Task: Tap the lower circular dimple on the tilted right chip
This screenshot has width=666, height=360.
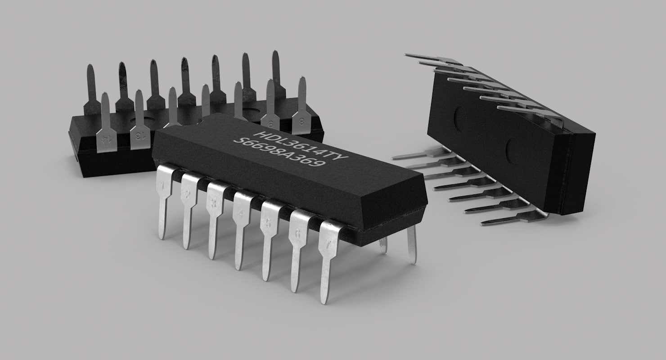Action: pos(512,151)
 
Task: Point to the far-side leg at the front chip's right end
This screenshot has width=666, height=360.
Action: pos(411,243)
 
